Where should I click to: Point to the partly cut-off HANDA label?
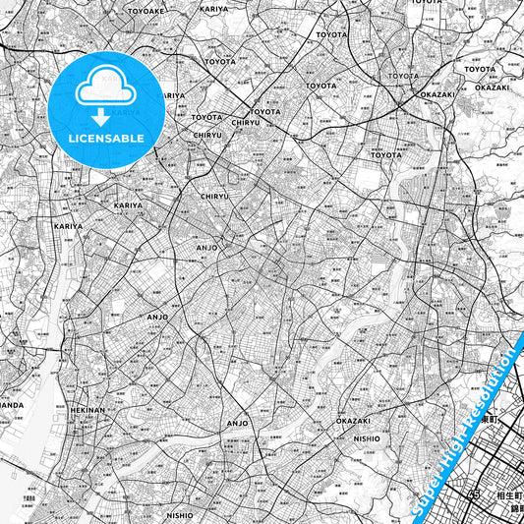pyautogui.click(x=11, y=404)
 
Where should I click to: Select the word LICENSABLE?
pyautogui.click(x=106, y=139)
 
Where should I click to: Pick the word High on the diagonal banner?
pyautogui.click(x=455, y=440)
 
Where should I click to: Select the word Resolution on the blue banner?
pyautogui.click(x=492, y=384)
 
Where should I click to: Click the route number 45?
pyautogui.click(x=476, y=495)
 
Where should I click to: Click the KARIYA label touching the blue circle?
pyautogui.click(x=169, y=95)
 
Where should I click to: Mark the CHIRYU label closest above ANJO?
pyautogui.click(x=214, y=196)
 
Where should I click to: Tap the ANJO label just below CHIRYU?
pyautogui.click(x=207, y=248)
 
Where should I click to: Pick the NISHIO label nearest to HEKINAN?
pyautogui.click(x=180, y=514)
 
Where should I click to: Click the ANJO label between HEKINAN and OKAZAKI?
pyautogui.click(x=238, y=423)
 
